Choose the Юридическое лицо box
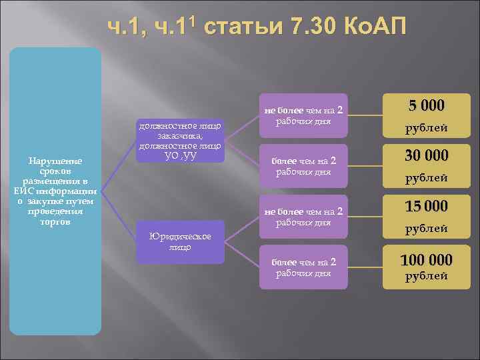tap(180, 241)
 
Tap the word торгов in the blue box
tap(55, 221)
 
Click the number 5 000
tap(426, 106)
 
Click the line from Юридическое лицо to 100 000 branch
tap(243, 254)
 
